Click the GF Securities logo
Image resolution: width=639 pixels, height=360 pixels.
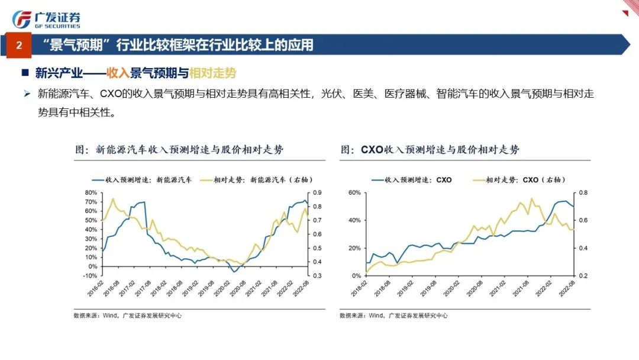[x=46, y=18]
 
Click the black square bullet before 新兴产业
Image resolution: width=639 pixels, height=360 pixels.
[x=25, y=73]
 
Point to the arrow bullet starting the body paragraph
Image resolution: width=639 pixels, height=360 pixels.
[x=26, y=94]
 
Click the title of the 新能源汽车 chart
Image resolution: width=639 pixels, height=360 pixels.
[x=179, y=150]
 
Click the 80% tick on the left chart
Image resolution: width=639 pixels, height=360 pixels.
[x=90, y=193]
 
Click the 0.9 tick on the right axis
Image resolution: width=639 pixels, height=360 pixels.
[x=317, y=193]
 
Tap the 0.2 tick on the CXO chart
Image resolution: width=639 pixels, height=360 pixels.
[x=582, y=276]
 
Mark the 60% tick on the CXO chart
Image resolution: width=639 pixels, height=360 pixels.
[x=354, y=193]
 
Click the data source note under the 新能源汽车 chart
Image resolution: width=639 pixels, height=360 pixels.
[x=127, y=316]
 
